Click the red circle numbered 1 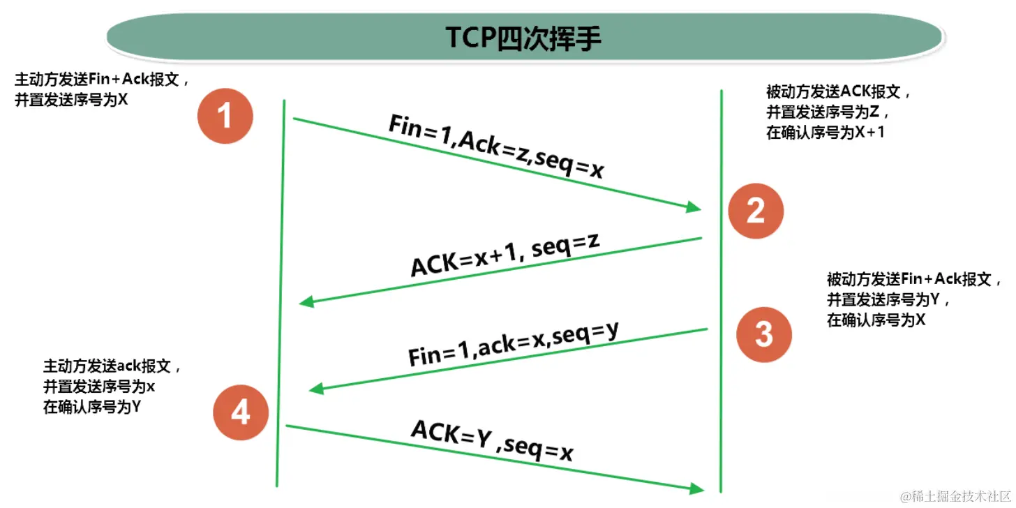[225, 115]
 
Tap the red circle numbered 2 [756, 211]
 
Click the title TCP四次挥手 [523, 39]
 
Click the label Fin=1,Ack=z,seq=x [495, 147]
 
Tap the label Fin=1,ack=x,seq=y [514, 344]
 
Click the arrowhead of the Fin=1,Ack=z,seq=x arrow [693, 207]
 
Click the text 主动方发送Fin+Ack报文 [101, 79]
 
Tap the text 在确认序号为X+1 [825, 132]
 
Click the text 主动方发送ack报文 [112, 366]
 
